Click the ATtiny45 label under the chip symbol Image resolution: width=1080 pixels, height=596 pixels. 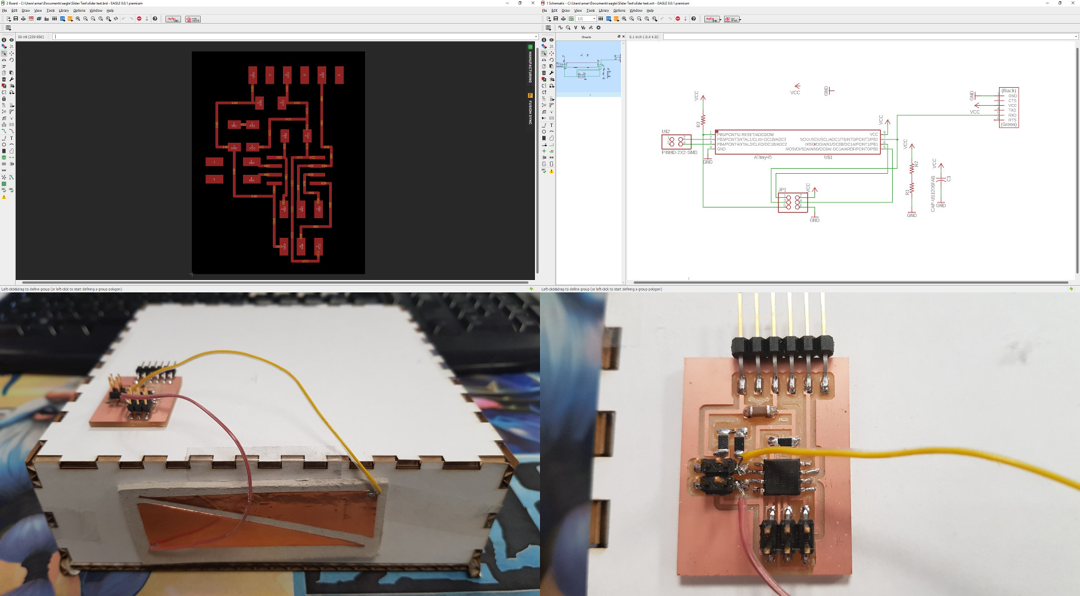click(x=763, y=157)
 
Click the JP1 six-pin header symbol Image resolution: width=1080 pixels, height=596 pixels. click(x=793, y=201)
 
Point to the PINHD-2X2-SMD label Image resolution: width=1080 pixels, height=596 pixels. click(x=679, y=152)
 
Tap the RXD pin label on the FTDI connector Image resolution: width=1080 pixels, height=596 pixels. click(x=1012, y=115)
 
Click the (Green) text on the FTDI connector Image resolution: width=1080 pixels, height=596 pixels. click(x=1009, y=125)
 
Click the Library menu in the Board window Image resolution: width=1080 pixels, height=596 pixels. click(x=64, y=11)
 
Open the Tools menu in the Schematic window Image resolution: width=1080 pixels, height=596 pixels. click(x=590, y=11)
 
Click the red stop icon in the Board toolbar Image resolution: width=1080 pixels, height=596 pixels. click(x=139, y=19)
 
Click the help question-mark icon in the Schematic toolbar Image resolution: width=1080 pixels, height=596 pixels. click(x=693, y=19)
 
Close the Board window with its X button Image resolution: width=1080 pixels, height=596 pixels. click(x=533, y=3)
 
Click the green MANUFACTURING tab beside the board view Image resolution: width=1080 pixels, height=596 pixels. click(x=530, y=65)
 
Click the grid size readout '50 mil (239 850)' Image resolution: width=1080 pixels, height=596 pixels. click(x=31, y=37)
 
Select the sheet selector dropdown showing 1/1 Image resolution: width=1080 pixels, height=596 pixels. click(x=586, y=19)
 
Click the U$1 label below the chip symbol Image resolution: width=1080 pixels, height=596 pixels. click(x=828, y=157)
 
